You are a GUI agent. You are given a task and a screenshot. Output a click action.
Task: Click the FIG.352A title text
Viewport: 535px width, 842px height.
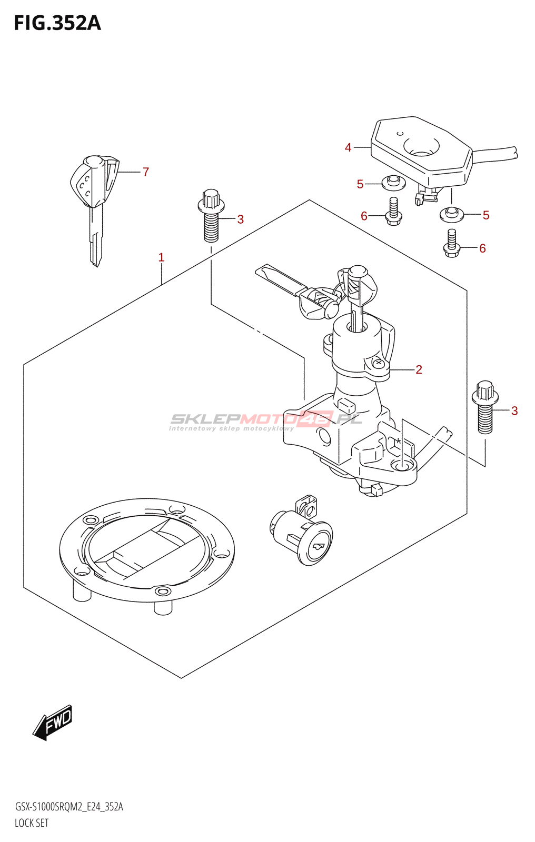point(57,23)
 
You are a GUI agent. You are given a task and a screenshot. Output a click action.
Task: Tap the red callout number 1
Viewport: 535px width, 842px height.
point(161,257)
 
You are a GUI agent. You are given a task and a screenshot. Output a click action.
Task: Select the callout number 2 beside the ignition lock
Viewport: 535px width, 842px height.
point(419,369)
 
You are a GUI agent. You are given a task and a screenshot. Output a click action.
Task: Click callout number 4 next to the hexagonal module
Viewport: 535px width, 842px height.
point(348,148)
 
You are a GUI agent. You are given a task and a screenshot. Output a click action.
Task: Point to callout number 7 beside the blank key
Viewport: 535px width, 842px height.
point(146,172)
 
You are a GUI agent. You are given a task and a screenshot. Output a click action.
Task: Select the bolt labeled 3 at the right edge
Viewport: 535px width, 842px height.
point(485,407)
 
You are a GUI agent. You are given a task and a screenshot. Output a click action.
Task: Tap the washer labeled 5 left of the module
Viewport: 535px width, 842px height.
point(393,183)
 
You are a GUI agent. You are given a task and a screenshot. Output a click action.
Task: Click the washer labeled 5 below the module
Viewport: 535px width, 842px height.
point(452,214)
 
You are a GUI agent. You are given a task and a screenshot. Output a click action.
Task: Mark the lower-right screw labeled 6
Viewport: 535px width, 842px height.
point(452,244)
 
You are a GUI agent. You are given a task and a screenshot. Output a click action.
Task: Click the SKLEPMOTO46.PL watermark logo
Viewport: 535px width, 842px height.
point(265,421)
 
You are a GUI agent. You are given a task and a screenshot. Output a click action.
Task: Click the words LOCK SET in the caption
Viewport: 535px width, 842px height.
point(32,823)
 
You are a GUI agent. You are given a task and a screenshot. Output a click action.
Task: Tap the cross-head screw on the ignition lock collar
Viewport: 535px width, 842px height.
point(378,363)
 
